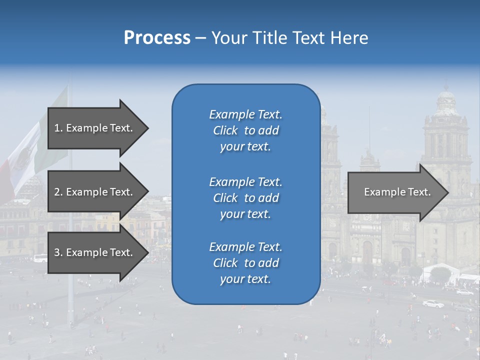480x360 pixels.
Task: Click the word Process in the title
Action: pyautogui.click(x=157, y=37)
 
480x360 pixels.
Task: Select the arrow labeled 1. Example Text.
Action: pyautogui.click(x=95, y=128)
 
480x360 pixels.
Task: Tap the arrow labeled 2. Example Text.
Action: pyautogui.click(x=95, y=192)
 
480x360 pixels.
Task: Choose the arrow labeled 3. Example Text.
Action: pyautogui.click(x=95, y=252)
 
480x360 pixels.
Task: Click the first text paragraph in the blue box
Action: pyautogui.click(x=245, y=130)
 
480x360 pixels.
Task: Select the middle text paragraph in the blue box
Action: pyautogui.click(x=245, y=197)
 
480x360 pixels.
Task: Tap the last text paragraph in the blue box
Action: pyautogui.click(x=245, y=263)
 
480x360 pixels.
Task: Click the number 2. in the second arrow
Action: pyautogui.click(x=58, y=192)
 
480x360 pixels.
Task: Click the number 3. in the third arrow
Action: pyautogui.click(x=58, y=252)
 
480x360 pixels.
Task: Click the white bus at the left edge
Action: pyautogui.click(x=40, y=258)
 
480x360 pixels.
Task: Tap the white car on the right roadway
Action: pyautogui.click(x=433, y=303)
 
